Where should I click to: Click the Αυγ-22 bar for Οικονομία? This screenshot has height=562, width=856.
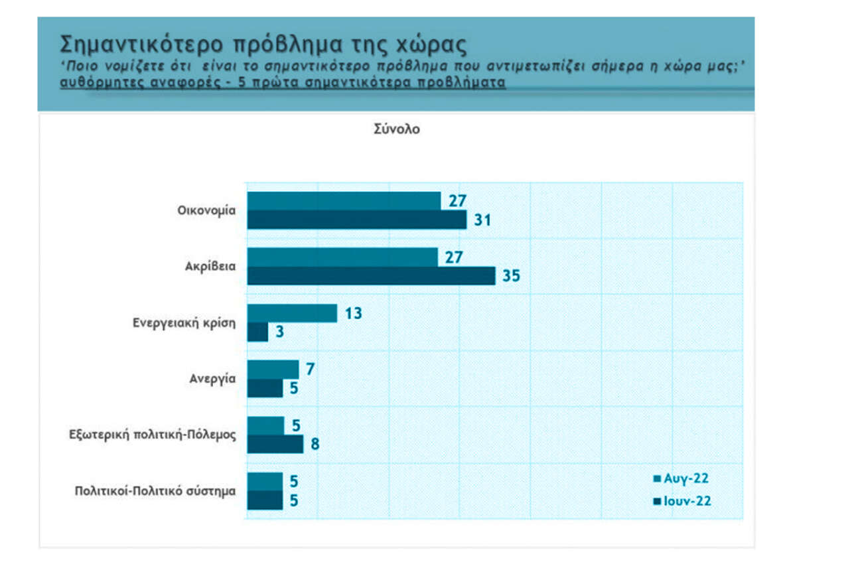344,201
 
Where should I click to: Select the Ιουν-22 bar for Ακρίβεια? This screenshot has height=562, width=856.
371,276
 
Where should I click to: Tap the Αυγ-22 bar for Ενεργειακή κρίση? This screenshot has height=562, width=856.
292,313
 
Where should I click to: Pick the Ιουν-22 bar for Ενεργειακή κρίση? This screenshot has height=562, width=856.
257,332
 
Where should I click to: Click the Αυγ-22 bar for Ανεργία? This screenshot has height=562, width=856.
273,370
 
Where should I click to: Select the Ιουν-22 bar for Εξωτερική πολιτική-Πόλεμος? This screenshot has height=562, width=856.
275,444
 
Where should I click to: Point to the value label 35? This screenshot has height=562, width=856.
511,276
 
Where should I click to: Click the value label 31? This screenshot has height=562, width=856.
482,220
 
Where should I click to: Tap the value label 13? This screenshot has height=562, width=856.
353,313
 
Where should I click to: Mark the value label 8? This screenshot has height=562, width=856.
315,444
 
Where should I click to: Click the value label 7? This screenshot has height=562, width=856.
310,370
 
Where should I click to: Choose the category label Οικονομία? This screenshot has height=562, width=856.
206,210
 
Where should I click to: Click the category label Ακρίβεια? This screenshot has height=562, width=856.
212,267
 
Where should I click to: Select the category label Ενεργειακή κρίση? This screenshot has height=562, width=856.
184,323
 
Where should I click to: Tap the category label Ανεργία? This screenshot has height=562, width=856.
213,379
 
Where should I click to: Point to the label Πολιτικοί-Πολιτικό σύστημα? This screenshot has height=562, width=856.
155,492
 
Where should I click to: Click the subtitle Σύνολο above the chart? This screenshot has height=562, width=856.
397,129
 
